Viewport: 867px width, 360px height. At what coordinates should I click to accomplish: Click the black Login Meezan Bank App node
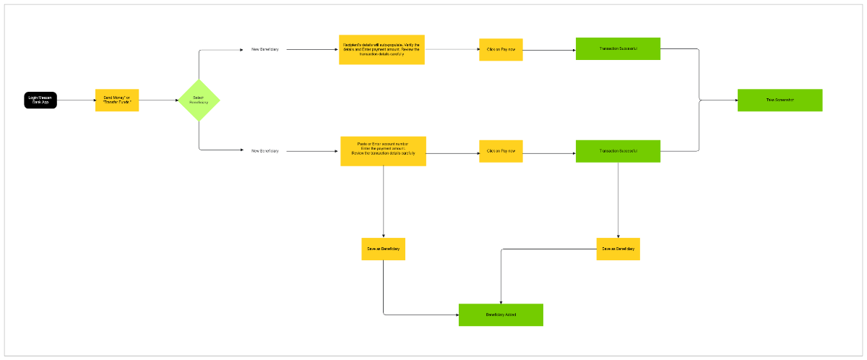point(40,100)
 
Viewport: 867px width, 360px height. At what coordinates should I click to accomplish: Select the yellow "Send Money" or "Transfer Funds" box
point(116,100)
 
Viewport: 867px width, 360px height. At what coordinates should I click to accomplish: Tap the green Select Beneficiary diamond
point(199,100)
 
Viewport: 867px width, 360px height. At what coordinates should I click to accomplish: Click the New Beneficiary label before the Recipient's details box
point(264,49)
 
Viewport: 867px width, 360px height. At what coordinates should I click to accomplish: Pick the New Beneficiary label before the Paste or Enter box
point(264,151)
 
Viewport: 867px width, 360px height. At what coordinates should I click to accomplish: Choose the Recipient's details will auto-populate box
point(381,49)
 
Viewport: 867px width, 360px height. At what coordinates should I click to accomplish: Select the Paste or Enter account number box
point(383,151)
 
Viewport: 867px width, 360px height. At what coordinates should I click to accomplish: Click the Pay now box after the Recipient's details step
point(501,49)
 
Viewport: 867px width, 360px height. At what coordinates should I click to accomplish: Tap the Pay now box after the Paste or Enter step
point(501,151)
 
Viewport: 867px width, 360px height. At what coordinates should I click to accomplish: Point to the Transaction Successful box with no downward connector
point(618,48)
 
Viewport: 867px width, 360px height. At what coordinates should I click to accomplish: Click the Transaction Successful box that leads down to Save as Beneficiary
point(618,151)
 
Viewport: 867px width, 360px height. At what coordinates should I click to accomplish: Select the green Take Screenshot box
point(780,100)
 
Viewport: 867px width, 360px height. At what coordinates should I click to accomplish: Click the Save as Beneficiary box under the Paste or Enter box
point(383,249)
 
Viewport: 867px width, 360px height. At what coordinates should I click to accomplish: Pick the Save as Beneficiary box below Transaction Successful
point(618,249)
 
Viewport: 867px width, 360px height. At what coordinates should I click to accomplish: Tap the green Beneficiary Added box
point(501,314)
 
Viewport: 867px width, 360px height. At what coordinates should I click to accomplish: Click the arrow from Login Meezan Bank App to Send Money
point(76,100)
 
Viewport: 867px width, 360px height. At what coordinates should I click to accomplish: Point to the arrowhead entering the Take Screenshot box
point(734,100)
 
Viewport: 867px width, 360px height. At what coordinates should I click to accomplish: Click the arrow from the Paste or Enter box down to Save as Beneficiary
point(383,202)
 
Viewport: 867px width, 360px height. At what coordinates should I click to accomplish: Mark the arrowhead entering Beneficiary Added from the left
point(456,314)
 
